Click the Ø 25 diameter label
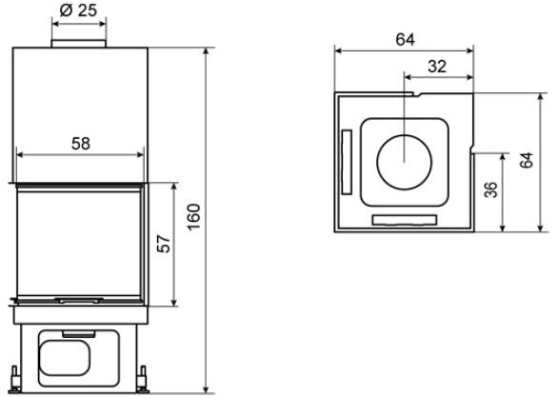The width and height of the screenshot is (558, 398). click(x=78, y=10)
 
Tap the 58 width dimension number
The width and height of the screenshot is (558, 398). click(x=81, y=144)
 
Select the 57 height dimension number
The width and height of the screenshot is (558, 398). click(x=164, y=244)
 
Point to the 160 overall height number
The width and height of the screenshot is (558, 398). click(x=194, y=217)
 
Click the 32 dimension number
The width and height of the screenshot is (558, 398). click(x=437, y=67)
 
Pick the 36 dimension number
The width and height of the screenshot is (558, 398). click(x=491, y=189)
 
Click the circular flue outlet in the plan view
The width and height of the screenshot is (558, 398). click(x=405, y=162)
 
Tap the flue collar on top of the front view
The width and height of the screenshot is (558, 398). click(x=79, y=44)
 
